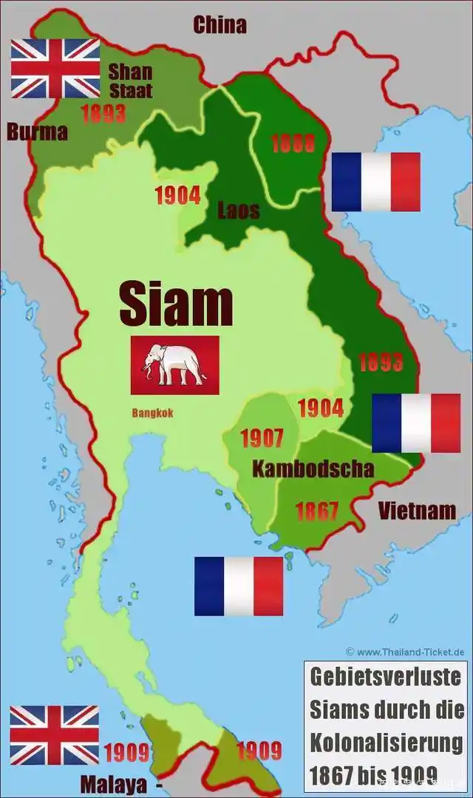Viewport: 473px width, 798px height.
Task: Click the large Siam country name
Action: [x=176, y=304]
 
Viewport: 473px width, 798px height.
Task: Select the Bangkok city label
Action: [x=153, y=413]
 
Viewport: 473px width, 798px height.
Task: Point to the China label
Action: [x=220, y=25]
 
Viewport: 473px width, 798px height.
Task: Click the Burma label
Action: [x=37, y=132]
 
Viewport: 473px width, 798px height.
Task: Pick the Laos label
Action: [x=238, y=211]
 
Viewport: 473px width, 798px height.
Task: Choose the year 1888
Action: [x=293, y=143]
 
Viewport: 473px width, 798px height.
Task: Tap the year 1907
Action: [x=262, y=438]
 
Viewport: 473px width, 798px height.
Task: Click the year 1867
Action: [x=316, y=511]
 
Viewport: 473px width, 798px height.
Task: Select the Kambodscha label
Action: [x=313, y=468]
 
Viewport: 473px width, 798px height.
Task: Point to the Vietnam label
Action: [x=416, y=511]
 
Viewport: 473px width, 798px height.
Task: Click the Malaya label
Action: [x=114, y=783]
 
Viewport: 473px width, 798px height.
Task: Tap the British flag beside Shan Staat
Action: [x=55, y=69]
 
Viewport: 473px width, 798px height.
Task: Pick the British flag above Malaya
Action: [x=54, y=735]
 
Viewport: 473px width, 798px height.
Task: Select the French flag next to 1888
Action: [x=375, y=182]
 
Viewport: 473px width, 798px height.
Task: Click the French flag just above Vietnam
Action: [x=415, y=423]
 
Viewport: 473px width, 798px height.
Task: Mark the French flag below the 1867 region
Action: [x=239, y=586]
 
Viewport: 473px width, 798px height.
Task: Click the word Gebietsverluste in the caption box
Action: [x=385, y=676]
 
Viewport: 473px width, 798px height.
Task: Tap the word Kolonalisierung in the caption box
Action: [x=386, y=742]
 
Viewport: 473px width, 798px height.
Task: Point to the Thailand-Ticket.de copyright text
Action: [x=405, y=652]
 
